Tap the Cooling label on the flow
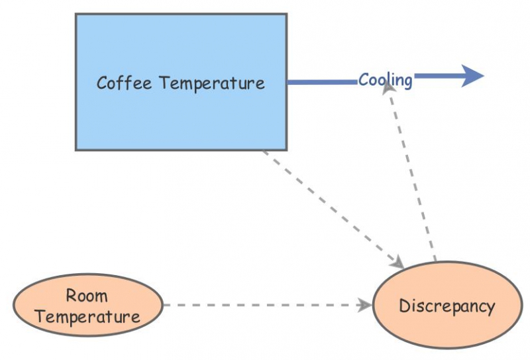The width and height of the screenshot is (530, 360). (386, 80)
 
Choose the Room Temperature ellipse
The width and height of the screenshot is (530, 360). (87, 306)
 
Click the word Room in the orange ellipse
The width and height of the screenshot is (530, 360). (87, 295)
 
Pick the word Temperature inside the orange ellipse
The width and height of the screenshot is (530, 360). (87, 316)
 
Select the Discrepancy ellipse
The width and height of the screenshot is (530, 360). (447, 306)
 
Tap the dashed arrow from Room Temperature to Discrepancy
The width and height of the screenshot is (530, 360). (265, 305)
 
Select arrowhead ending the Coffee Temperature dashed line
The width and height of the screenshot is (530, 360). (397, 263)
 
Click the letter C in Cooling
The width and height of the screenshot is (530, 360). (364, 80)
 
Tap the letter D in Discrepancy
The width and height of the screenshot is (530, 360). (404, 306)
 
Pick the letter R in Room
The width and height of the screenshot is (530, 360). (71, 295)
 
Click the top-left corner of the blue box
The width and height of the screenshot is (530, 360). (76, 15)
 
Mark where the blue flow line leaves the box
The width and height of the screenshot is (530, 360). (288, 82)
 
